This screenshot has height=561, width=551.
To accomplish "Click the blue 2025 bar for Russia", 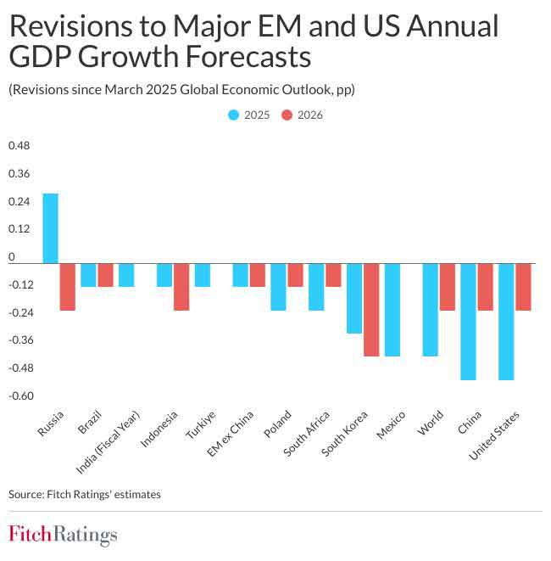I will coord(50,228).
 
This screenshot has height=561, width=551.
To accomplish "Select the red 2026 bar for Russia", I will coord(67,287).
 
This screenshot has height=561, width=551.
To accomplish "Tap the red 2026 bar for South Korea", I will coord(371,310).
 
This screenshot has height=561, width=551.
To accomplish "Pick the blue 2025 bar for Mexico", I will coord(392,310).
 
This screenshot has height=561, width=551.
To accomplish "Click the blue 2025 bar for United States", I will coord(506,322).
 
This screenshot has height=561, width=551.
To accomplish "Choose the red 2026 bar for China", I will coord(485,287).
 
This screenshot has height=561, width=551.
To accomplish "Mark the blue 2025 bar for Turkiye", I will coord(202,275).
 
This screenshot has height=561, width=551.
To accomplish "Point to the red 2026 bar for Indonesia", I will coord(181,287).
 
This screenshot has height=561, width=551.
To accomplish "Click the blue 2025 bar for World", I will coord(430,310).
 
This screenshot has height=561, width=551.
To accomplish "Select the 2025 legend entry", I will coord(248,115).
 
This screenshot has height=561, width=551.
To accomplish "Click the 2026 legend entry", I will coord(302,115).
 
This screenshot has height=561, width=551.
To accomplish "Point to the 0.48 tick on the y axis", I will coord(19,146).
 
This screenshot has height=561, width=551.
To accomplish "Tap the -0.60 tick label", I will coord(20,396).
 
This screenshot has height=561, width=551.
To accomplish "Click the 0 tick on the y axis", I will coord(12,257).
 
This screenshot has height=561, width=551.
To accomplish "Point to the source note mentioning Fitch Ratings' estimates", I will coord(84,493).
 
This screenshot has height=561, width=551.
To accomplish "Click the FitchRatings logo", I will coord(63,535).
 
